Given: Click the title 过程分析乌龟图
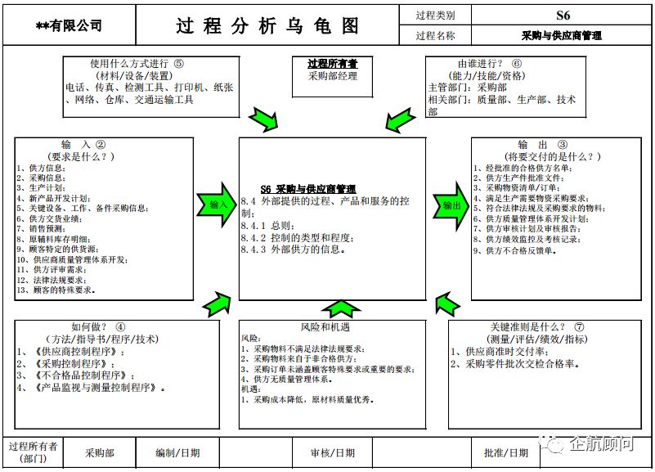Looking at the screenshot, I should (267, 25).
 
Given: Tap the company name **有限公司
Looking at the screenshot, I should (70, 26).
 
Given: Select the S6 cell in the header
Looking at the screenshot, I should (563, 15).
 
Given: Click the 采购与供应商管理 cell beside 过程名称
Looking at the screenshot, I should (562, 36).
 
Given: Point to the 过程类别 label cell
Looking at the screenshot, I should (435, 15).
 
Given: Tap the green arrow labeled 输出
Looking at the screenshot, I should (451, 205).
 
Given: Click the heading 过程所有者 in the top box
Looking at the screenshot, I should (332, 63).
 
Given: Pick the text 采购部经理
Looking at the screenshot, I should (332, 76).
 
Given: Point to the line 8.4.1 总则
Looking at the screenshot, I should (267, 225).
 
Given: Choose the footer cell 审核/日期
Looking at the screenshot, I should (332, 452).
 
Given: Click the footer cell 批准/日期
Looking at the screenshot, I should (506, 452).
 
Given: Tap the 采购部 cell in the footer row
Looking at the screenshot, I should (100, 452).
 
